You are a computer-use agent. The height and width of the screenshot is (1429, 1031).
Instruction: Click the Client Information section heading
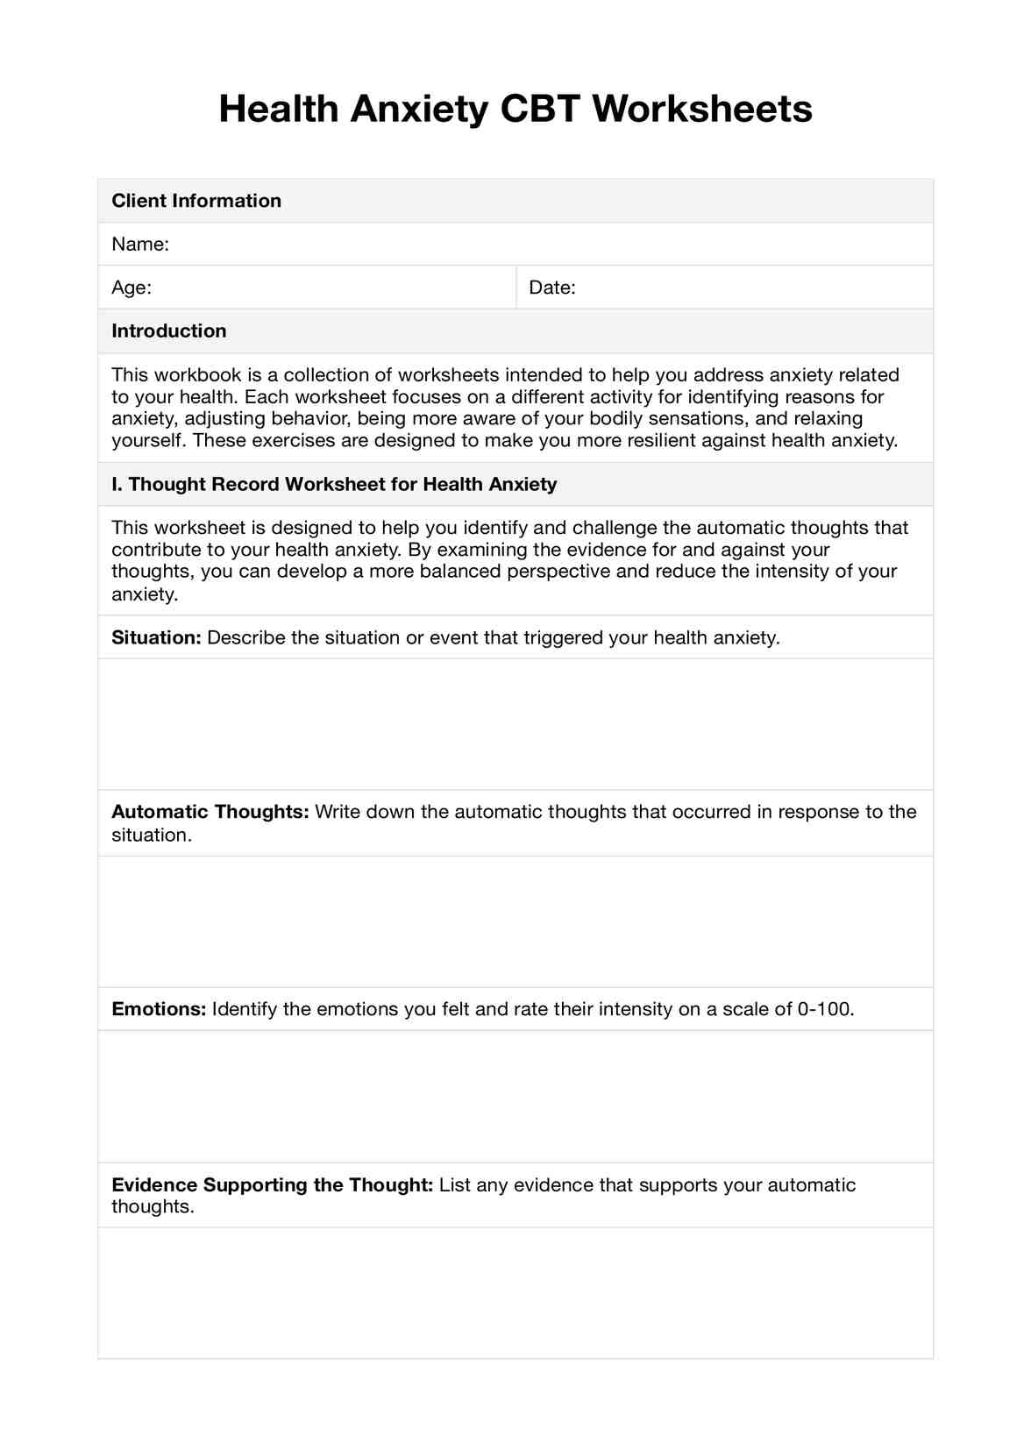tap(196, 201)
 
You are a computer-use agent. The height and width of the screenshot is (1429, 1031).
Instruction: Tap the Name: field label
tap(140, 244)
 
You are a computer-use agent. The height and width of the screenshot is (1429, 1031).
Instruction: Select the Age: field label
tap(132, 288)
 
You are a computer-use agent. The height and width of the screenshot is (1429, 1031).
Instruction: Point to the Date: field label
tap(552, 288)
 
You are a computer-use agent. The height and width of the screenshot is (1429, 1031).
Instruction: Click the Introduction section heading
tap(169, 331)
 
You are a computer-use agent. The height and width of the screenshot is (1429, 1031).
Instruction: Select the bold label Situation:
tap(157, 637)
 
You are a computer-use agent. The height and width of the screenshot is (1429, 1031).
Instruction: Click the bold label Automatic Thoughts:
tap(210, 812)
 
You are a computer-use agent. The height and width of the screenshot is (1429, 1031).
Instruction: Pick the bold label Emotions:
tap(159, 1009)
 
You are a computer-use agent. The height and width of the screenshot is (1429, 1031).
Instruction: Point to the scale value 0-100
tap(824, 1009)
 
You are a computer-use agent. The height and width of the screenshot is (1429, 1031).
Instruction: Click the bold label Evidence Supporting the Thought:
tap(273, 1185)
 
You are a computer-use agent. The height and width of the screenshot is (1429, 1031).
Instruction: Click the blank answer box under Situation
tap(515, 724)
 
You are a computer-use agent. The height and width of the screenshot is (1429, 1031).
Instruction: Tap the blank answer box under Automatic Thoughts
tap(515, 921)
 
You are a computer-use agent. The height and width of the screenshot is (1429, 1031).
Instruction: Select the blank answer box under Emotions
tap(515, 1096)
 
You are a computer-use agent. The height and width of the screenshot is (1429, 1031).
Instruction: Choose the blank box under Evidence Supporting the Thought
tap(515, 1292)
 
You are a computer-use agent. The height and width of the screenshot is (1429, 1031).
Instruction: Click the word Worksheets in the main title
tap(702, 110)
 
